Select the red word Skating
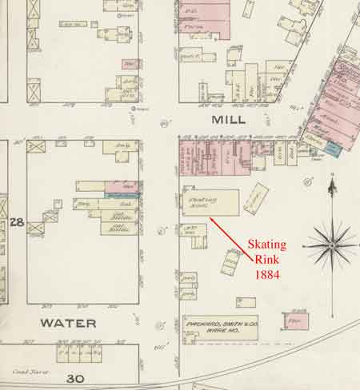coord(267,243)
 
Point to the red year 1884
coord(267,274)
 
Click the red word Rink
coord(267,259)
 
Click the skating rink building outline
coord(210,202)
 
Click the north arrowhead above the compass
coord(332,186)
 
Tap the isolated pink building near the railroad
coord(295,320)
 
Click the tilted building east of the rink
coord(256,197)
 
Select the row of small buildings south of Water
coord(78,352)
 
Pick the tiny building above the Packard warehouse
coord(246,302)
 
